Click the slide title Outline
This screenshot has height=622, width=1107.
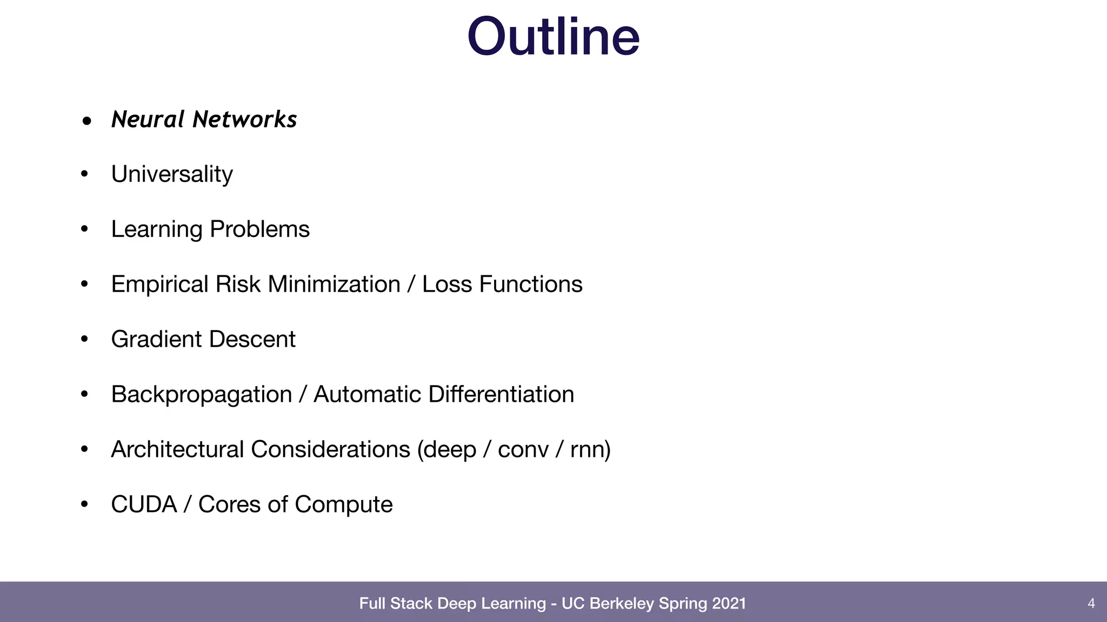553,37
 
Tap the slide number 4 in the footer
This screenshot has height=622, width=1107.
1091,603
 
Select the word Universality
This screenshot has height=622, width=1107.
172,174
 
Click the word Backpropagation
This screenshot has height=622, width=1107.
201,395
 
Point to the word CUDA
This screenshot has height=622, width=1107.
144,504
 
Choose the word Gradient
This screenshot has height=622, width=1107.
156,339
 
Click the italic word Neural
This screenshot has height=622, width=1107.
148,119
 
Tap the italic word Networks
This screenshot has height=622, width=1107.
245,119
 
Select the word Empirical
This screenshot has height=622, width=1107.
159,285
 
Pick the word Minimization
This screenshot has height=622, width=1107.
334,285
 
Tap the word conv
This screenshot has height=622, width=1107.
523,449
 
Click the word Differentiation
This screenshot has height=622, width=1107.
501,394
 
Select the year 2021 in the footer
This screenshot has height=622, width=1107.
729,603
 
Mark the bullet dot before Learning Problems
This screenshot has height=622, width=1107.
84,229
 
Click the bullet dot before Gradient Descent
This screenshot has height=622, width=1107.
84,339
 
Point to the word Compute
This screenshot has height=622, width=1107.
344,504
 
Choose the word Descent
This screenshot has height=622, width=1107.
252,339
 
